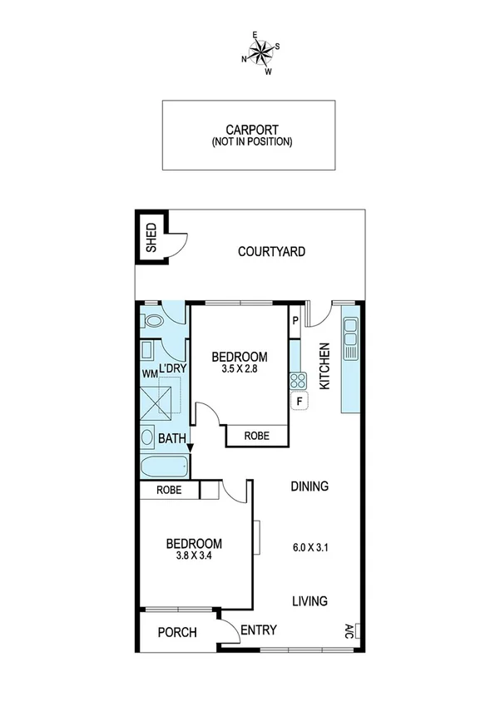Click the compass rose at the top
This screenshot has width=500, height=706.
pyautogui.click(x=260, y=52)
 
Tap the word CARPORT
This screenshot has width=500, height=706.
pyautogui.click(x=251, y=130)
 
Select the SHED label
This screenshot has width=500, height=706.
pyautogui.click(x=151, y=238)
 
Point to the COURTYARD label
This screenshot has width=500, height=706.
pyautogui.click(x=271, y=251)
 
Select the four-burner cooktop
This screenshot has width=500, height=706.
pyautogui.click(x=298, y=382)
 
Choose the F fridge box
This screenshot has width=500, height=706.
pyautogui.click(x=298, y=402)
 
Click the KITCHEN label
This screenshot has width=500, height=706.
pyautogui.click(x=325, y=367)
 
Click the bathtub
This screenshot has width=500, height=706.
pyautogui.click(x=165, y=466)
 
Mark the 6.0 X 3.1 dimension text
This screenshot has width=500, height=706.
pyautogui.click(x=309, y=547)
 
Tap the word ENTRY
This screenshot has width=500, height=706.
pyautogui.click(x=258, y=630)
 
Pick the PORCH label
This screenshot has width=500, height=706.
pyautogui.click(x=177, y=633)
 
